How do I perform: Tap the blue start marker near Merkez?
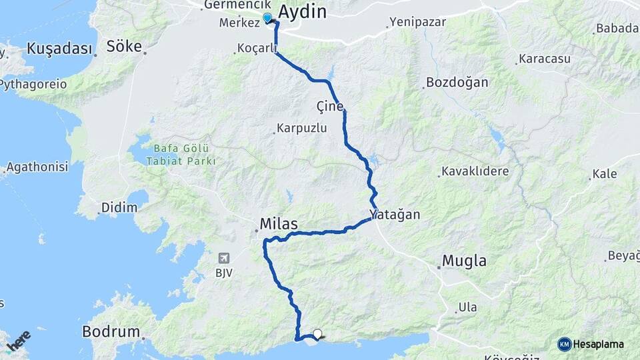tap(267, 18)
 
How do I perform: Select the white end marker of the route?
tap(317, 334)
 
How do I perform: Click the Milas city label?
tap(279, 223)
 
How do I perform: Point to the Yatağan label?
tap(395, 215)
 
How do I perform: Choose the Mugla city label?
tap(465, 261)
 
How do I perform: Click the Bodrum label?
tap(111, 331)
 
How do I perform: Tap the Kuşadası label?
tap(59, 49)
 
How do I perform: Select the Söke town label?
tap(124, 47)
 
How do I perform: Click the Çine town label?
tap(331, 107)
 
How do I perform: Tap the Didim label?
tap(119, 207)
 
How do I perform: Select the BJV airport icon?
tap(223, 257)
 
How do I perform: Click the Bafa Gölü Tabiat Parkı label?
tap(185, 155)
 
